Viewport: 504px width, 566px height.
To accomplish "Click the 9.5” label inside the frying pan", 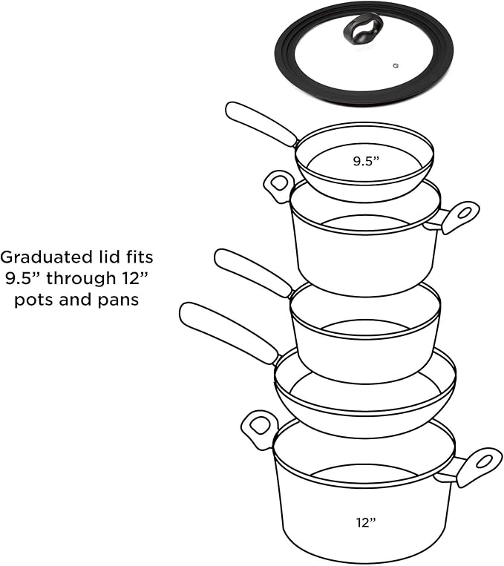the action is tap(366, 161).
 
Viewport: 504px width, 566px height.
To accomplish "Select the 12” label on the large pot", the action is tap(366, 522).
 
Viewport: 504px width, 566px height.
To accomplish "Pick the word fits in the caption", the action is tap(139, 257).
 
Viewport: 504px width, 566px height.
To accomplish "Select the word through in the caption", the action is tap(81, 279).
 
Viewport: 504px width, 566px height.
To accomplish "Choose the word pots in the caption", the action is tap(34, 300).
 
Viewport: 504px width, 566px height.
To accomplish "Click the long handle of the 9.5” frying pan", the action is tap(261, 124).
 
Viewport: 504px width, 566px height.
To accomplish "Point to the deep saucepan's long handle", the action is tap(253, 272).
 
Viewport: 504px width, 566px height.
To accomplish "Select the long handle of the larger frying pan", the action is tap(229, 332).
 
